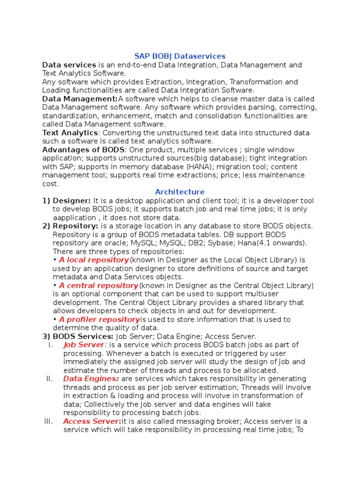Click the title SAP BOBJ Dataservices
[x=180, y=56]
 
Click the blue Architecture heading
[x=180, y=192]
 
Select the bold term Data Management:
[x=80, y=99]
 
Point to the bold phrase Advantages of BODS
[x=83, y=150]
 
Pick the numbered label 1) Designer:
[x=67, y=201]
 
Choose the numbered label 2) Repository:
[x=70, y=226]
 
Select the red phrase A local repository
[x=94, y=260]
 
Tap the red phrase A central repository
[x=98, y=285]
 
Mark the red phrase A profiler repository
[x=99, y=319]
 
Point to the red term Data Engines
[x=90, y=378]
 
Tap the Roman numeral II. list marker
[x=49, y=378]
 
